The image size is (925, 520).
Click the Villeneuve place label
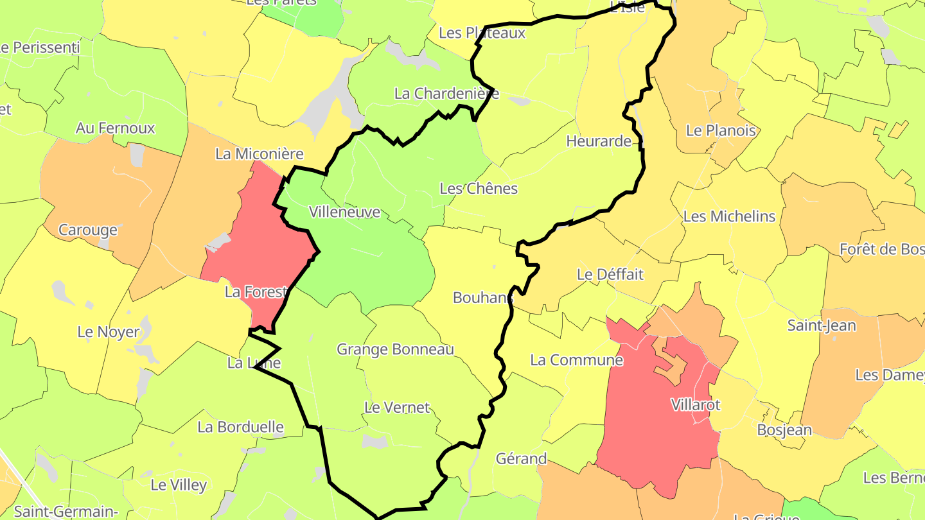coord(344,212)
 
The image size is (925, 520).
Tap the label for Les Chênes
coord(479,189)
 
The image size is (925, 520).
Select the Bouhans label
coord(483,298)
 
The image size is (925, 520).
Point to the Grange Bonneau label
coord(395,350)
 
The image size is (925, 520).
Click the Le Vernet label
coord(397,408)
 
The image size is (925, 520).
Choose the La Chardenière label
coord(446,94)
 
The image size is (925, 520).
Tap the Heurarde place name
coord(599,141)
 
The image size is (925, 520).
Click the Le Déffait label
coord(610,275)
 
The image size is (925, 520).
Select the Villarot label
coord(696,405)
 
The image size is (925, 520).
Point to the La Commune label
coord(576,360)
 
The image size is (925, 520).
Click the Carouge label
coord(88,230)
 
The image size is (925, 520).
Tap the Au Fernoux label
coord(116,128)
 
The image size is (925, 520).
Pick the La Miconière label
coord(259,154)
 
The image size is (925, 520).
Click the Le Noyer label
coord(108,333)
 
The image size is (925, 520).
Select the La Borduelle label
coord(240,427)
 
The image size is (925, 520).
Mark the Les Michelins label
coord(729,217)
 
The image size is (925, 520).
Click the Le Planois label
coord(721,131)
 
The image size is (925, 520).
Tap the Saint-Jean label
coord(822,326)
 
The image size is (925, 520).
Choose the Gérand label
coord(521,459)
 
